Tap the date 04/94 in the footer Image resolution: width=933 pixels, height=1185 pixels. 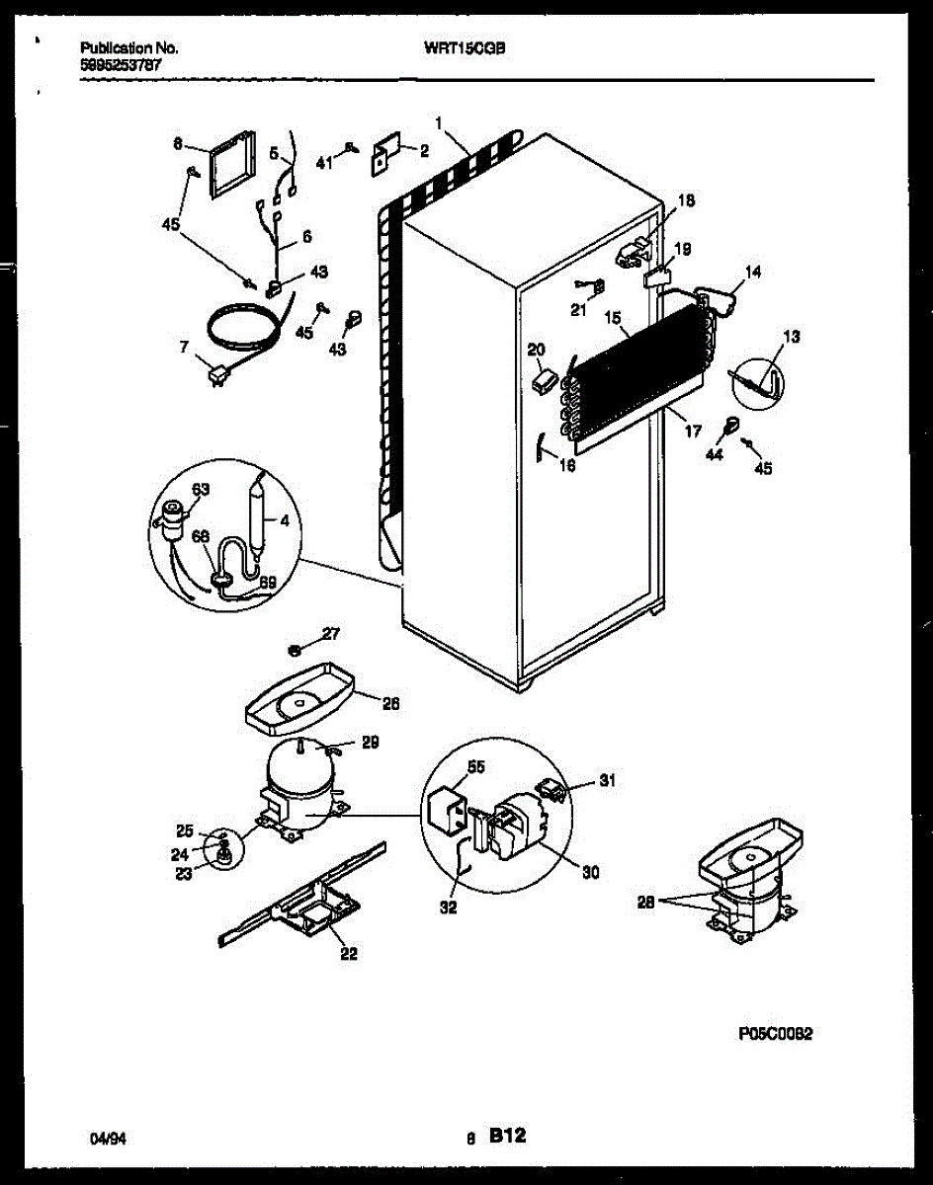(107, 1139)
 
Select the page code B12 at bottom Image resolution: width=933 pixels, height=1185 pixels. (507, 1138)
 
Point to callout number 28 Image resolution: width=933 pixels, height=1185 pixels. (647, 902)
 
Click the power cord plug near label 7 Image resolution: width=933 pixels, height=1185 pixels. (217, 373)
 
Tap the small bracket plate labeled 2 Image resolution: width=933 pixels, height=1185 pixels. (384, 156)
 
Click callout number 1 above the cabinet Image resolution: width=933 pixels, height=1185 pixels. (437, 121)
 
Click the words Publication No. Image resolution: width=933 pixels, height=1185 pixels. (127, 46)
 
